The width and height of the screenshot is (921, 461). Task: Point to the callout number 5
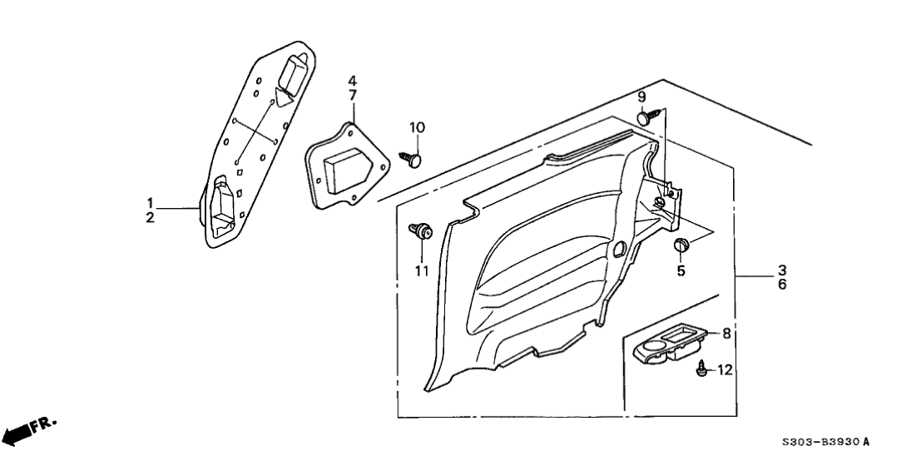click(x=681, y=270)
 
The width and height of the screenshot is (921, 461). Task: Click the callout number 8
click(x=725, y=334)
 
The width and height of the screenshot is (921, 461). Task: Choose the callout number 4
click(x=352, y=81)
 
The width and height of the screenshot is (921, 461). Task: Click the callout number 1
click(x=151, y=203)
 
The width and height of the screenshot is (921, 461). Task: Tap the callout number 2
click(x=151, y=217)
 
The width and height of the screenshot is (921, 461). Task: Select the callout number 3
click(x=783, y=270)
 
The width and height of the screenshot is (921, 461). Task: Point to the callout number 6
click(x=783, y=285)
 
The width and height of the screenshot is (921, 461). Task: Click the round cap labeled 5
click(x=681, y=245)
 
